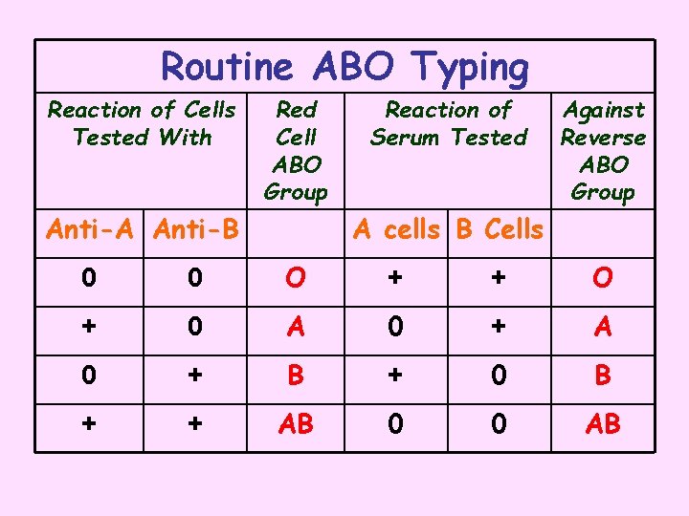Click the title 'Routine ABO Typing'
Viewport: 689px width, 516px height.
point(344,67)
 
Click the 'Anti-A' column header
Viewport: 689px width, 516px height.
point(89,229)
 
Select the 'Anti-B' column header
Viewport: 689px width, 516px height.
point(196,229)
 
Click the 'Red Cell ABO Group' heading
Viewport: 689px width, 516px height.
point(296,151)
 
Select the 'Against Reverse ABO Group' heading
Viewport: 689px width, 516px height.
point(603,151)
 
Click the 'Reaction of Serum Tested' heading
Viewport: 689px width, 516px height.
point(448,123)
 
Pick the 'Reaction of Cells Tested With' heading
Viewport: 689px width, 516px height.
point(142,123)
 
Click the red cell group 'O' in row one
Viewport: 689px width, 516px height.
point(296,278)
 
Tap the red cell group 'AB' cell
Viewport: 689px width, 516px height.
point(296,424)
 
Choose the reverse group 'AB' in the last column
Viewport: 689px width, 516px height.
point(603,424)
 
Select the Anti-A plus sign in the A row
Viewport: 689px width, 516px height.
point(89,327)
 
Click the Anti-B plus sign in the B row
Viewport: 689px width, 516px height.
point(196,376)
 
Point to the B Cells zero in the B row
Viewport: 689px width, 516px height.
point(499,376)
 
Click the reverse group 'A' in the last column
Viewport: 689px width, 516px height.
point(603,327)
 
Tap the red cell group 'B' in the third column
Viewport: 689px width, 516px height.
point(296,376)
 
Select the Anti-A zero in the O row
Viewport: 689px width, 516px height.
point(89,278)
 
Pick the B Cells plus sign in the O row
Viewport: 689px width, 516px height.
point(499,278)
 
